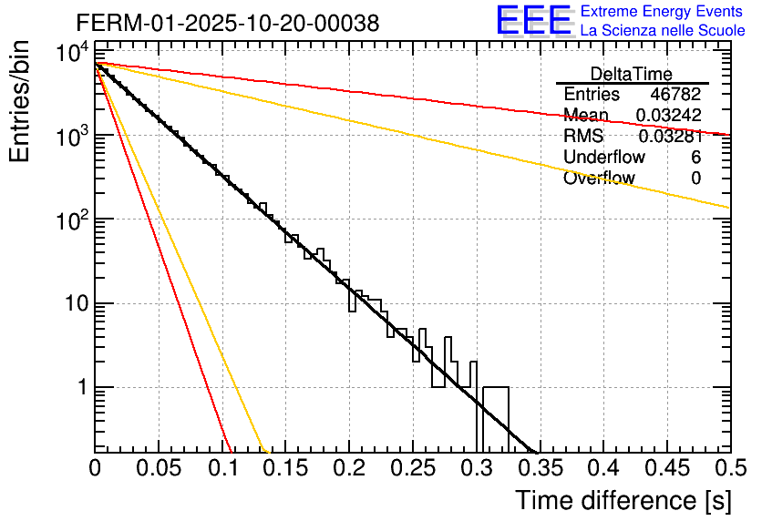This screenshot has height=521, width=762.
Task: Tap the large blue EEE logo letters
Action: click(533, 20)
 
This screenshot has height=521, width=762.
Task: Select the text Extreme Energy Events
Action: click(662, 12)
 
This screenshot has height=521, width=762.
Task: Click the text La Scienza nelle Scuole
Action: click(662, 31)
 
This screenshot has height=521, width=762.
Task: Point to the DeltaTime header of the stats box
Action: click(632, 74)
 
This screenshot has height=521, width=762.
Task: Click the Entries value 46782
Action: click(675, 95)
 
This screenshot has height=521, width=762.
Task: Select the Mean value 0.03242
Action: click(668, 116)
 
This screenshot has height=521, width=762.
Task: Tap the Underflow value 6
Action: click(695, 158)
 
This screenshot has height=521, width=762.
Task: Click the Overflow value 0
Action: click(695, 179)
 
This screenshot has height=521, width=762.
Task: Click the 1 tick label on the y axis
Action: click(79, 388)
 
